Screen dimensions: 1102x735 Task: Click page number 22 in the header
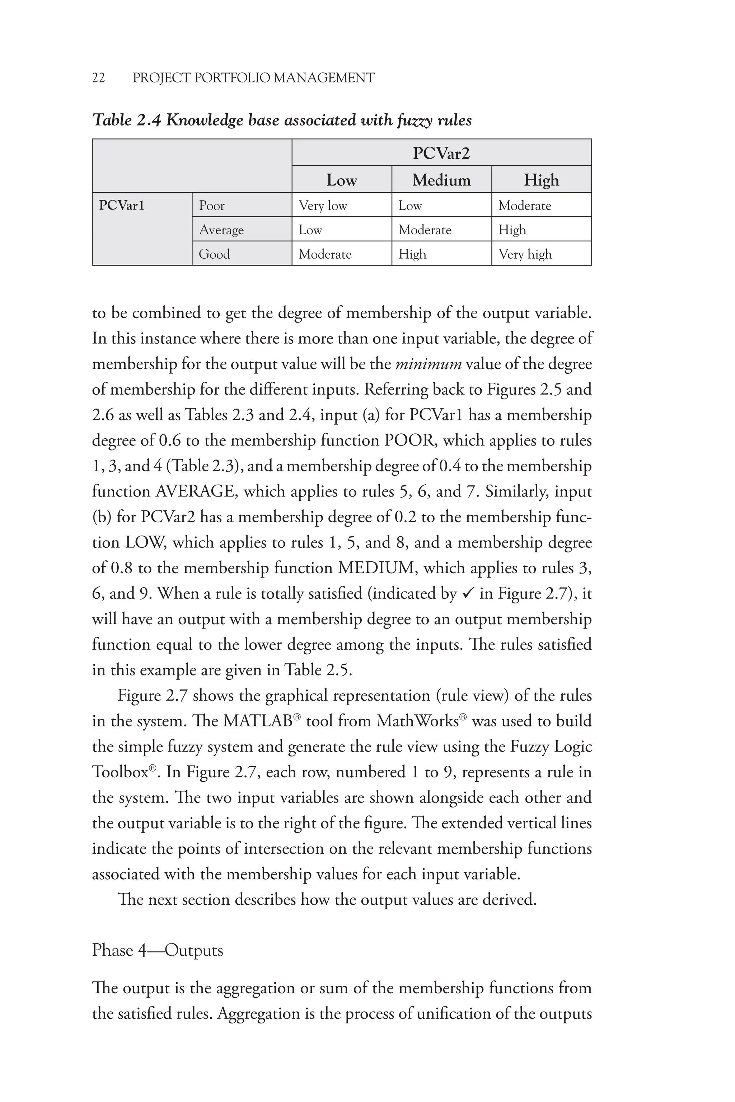98,78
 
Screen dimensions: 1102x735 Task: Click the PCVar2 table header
441,153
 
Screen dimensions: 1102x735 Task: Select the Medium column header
441,180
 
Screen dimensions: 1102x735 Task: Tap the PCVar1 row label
121,205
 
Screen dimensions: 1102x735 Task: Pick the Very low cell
323,205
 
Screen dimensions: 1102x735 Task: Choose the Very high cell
525,254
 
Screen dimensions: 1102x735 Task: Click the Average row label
221,230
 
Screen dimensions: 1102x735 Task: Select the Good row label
214,254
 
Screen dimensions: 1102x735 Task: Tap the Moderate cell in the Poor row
525,205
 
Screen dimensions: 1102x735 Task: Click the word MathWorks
417,721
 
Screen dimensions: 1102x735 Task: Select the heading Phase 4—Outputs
158,950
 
